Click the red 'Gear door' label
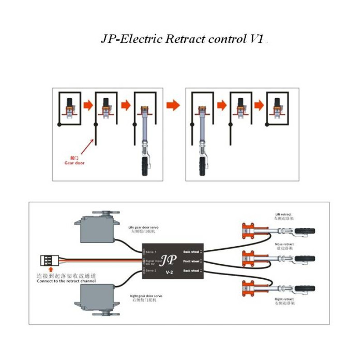[74, 162]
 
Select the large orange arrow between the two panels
[173, 105]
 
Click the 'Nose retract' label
[284, 244]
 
